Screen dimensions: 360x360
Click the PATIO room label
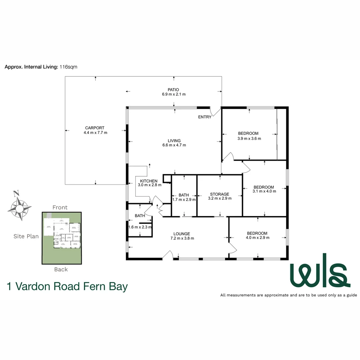click(x=173, y=89)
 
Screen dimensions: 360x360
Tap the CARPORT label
click(x=95, y=128)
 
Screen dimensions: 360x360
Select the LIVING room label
click(x=174, y=141)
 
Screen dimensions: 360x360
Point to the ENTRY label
click(x=205, y=117)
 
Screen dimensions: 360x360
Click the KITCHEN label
click(x=149, y=181)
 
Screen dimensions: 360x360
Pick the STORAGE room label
click(x=219, y=194)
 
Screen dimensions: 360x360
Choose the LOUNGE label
click(x=182, y=234)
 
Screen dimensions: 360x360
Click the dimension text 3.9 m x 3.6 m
click(x=249, y=138)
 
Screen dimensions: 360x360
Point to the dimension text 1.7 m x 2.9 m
click(x=184, y=199)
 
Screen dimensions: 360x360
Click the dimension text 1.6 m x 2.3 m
click(x=140, y=227)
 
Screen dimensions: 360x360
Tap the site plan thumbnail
click(x=61, y=238)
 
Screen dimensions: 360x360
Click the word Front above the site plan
click(x=60, y=207)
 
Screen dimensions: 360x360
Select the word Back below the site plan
click(x=61, y=269)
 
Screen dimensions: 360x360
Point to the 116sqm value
click(x=68, y=67)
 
